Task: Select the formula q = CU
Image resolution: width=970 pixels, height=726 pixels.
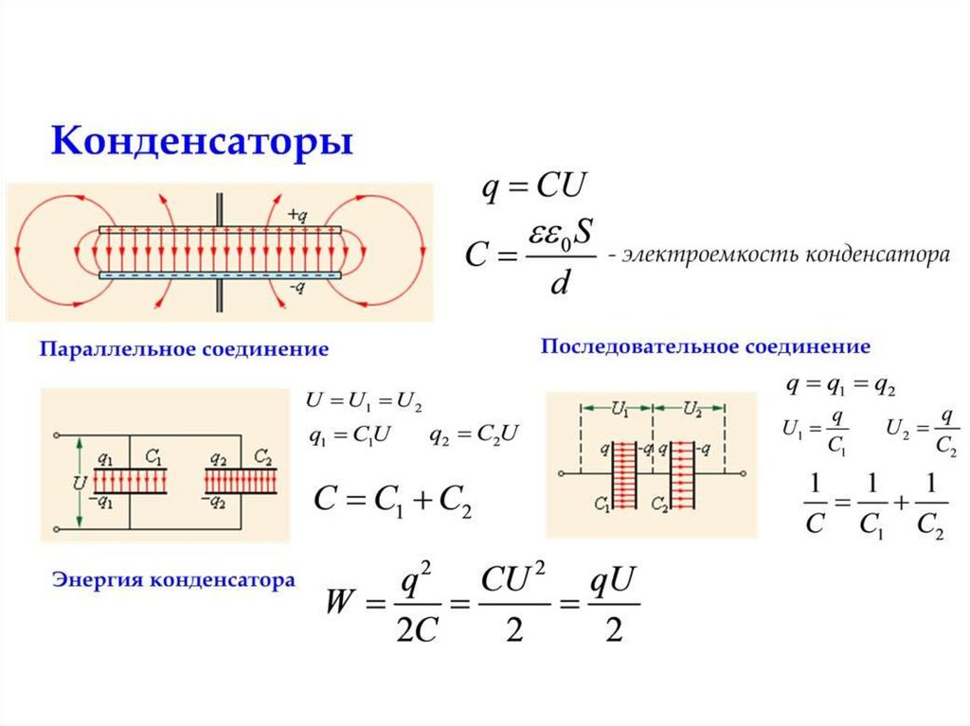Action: (x=536, y=186)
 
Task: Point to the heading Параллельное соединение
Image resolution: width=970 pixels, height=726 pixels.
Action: (x=184, y=349)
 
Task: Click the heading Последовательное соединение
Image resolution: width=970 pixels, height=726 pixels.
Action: (x=705, y=345)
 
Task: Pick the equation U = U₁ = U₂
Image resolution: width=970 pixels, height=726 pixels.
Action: (x=364, y=400)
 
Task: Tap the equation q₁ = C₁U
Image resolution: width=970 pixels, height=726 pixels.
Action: (x=350, y=436)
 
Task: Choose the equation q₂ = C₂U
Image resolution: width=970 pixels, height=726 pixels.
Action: (x=474, y=436)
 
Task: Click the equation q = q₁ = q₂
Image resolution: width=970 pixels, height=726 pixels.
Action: (x=841, y=386)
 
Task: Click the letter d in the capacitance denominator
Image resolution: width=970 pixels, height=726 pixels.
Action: (x=559, y=282)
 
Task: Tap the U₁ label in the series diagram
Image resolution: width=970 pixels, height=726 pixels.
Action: (x=620, y=409)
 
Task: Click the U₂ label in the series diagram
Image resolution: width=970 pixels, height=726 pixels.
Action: (x=692, y=409)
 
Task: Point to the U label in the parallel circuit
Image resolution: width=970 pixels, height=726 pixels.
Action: (x=80, y=482)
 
